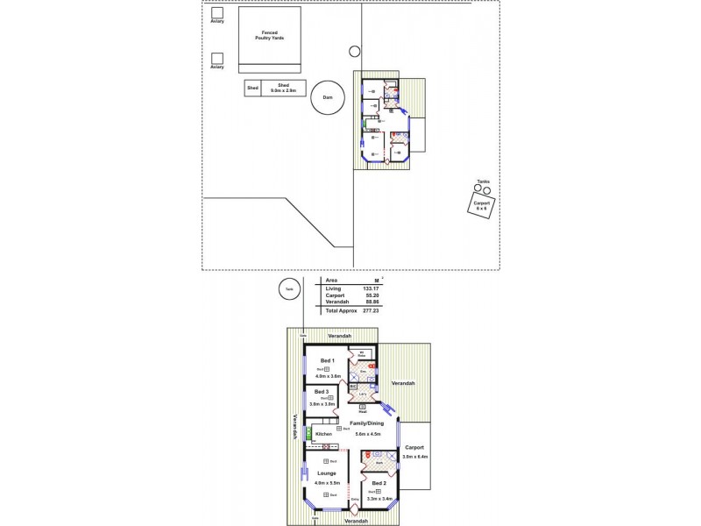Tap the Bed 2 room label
(378, 483)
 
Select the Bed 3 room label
(322, 391)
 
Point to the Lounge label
(327, 473)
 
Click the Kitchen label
(323, 434)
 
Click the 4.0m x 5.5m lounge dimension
(327, 483)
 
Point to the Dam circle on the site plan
(327, 97)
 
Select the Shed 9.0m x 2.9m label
(283, 88)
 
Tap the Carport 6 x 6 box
(480, 205)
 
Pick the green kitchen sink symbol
(308, 433)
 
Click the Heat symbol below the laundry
(361, 408)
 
